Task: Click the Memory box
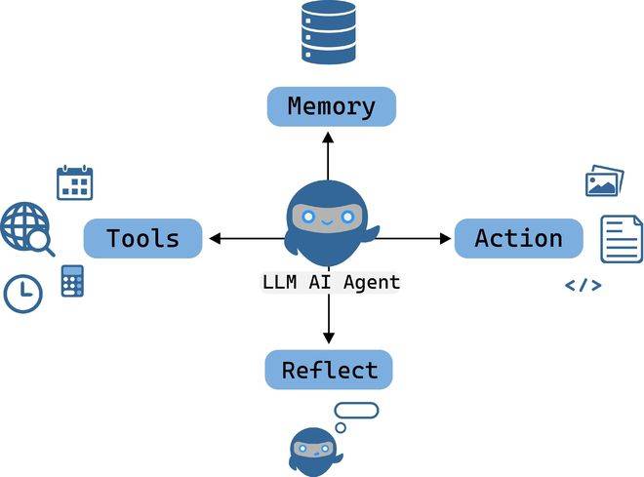pyautogui.click(x=331, y=106)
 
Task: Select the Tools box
pyautogui.click(x=142, y=238)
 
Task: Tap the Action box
pyautogui.click(x=518, y=238)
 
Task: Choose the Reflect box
pyautogui.click(x=329, y=370)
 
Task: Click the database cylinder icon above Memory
pyautogui.click(x=329, y=32)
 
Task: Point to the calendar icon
pyautogui.click(x=75, y=182)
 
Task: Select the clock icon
pyautogui.click(x=22, y=293)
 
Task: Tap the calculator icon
pyautogui.click(x=72, y=281)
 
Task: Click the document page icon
pyautogui.click(x=621, y=239)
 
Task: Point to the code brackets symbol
pyautogui.click(x=584, y=286)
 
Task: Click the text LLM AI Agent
pyautogui.click(x=331, y=283)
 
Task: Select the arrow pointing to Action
pyautogui.click(x=414, y=238)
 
